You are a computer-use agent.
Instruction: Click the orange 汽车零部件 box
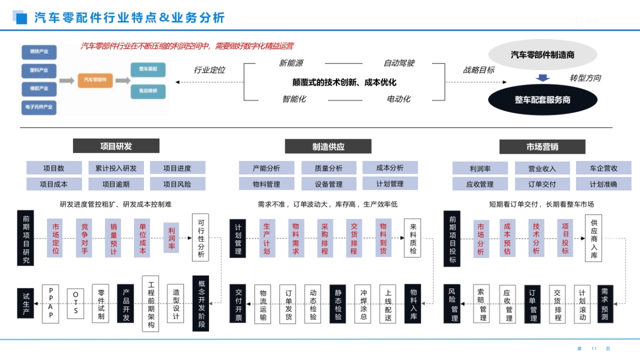(x=95, y=80)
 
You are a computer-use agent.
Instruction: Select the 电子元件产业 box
(x=39, y=107)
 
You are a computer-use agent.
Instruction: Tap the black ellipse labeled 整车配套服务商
(x=542, y=100)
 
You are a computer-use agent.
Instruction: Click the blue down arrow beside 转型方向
(x=543, y=78)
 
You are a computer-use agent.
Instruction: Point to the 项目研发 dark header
(x=116, y=146)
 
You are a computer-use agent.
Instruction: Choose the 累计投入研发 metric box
(x=116, y=168)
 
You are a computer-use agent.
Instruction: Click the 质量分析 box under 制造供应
(x=329, y=168)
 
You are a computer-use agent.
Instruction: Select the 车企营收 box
(x=603, y=168)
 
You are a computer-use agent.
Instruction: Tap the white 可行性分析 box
(x=201, y=238)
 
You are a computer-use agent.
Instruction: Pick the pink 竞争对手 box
(x=84, y=238)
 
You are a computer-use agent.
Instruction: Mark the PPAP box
(x=51, y=303)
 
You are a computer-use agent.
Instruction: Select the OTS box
(x=76, y=303)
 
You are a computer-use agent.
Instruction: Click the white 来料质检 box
(x=413, y=238)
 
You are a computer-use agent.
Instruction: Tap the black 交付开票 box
(x=238, y=303)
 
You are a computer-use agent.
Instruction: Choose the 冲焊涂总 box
(x=363, y=303)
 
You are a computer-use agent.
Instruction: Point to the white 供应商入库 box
(x=594, y=238)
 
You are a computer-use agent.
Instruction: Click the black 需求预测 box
(x=605, y=303)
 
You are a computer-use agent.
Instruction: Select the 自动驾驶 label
(x=399, y=63)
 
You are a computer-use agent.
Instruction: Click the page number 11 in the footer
(x=594, y=349)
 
